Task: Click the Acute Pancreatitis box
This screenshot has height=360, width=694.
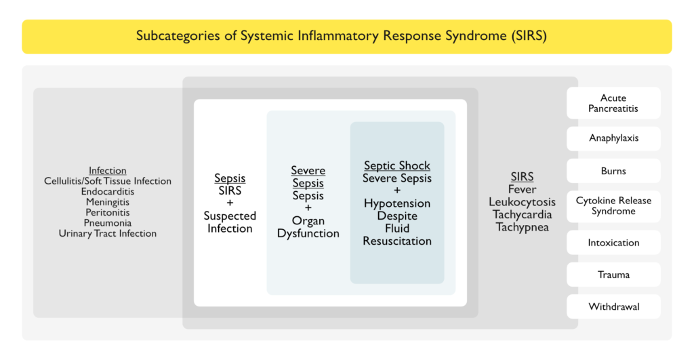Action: pos(613,103)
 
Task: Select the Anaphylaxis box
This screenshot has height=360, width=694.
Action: pos(613,138)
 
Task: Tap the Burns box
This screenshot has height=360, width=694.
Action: pos(613,171)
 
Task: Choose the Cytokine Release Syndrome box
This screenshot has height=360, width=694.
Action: pos(613,206)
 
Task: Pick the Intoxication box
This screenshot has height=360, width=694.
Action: pos(613,243)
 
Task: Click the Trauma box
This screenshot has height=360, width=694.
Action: pos(613,275)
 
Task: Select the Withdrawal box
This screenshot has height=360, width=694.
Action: pos(613,306)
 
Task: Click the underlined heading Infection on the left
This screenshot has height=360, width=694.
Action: pos(108,170)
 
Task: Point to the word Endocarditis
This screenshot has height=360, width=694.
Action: pos(108,191)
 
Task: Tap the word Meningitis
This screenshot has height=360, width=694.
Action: pos(108,202)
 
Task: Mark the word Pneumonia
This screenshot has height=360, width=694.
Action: pos(108,223)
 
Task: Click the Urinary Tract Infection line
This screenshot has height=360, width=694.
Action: pos(108,233)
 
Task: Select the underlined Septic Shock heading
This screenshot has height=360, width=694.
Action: pos(397,166)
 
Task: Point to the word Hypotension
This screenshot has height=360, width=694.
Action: pos(397,203)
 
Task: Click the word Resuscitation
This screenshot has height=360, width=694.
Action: pos(397,241)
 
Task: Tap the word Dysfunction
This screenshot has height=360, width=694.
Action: pos(308,233)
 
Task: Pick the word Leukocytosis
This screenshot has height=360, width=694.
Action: pos(522,202)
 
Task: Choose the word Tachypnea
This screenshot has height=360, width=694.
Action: pos(522,227)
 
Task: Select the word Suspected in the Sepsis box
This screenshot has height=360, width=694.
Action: pos(230,216)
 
